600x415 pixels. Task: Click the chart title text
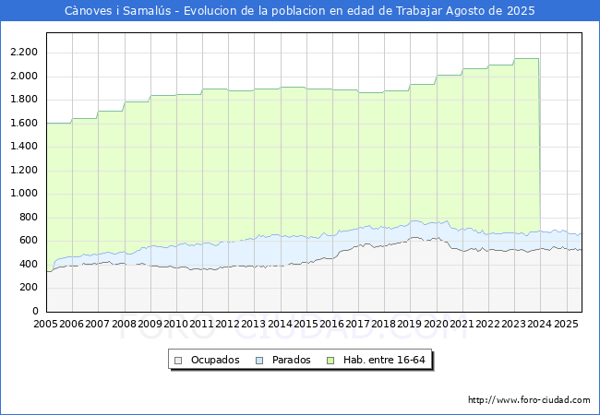tap(299, 11)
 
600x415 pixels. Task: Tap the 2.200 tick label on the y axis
tap(23, 52)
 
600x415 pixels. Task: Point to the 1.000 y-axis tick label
tap(23, 193)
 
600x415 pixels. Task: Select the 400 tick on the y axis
tap(29, 264)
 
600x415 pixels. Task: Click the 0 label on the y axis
tap(36, 311)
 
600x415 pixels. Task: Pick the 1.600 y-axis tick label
tap(23, 123)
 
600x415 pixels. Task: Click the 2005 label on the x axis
tap(45, 324)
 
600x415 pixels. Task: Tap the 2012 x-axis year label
tap(227, 324)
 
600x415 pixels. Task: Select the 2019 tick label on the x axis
tap(409, 324)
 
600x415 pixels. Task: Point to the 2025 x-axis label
tap(565, 324)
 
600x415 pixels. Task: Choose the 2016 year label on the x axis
tap(331, 324)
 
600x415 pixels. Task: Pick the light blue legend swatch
tap(260, 360)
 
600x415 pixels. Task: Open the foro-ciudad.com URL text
tap(529, 400)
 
